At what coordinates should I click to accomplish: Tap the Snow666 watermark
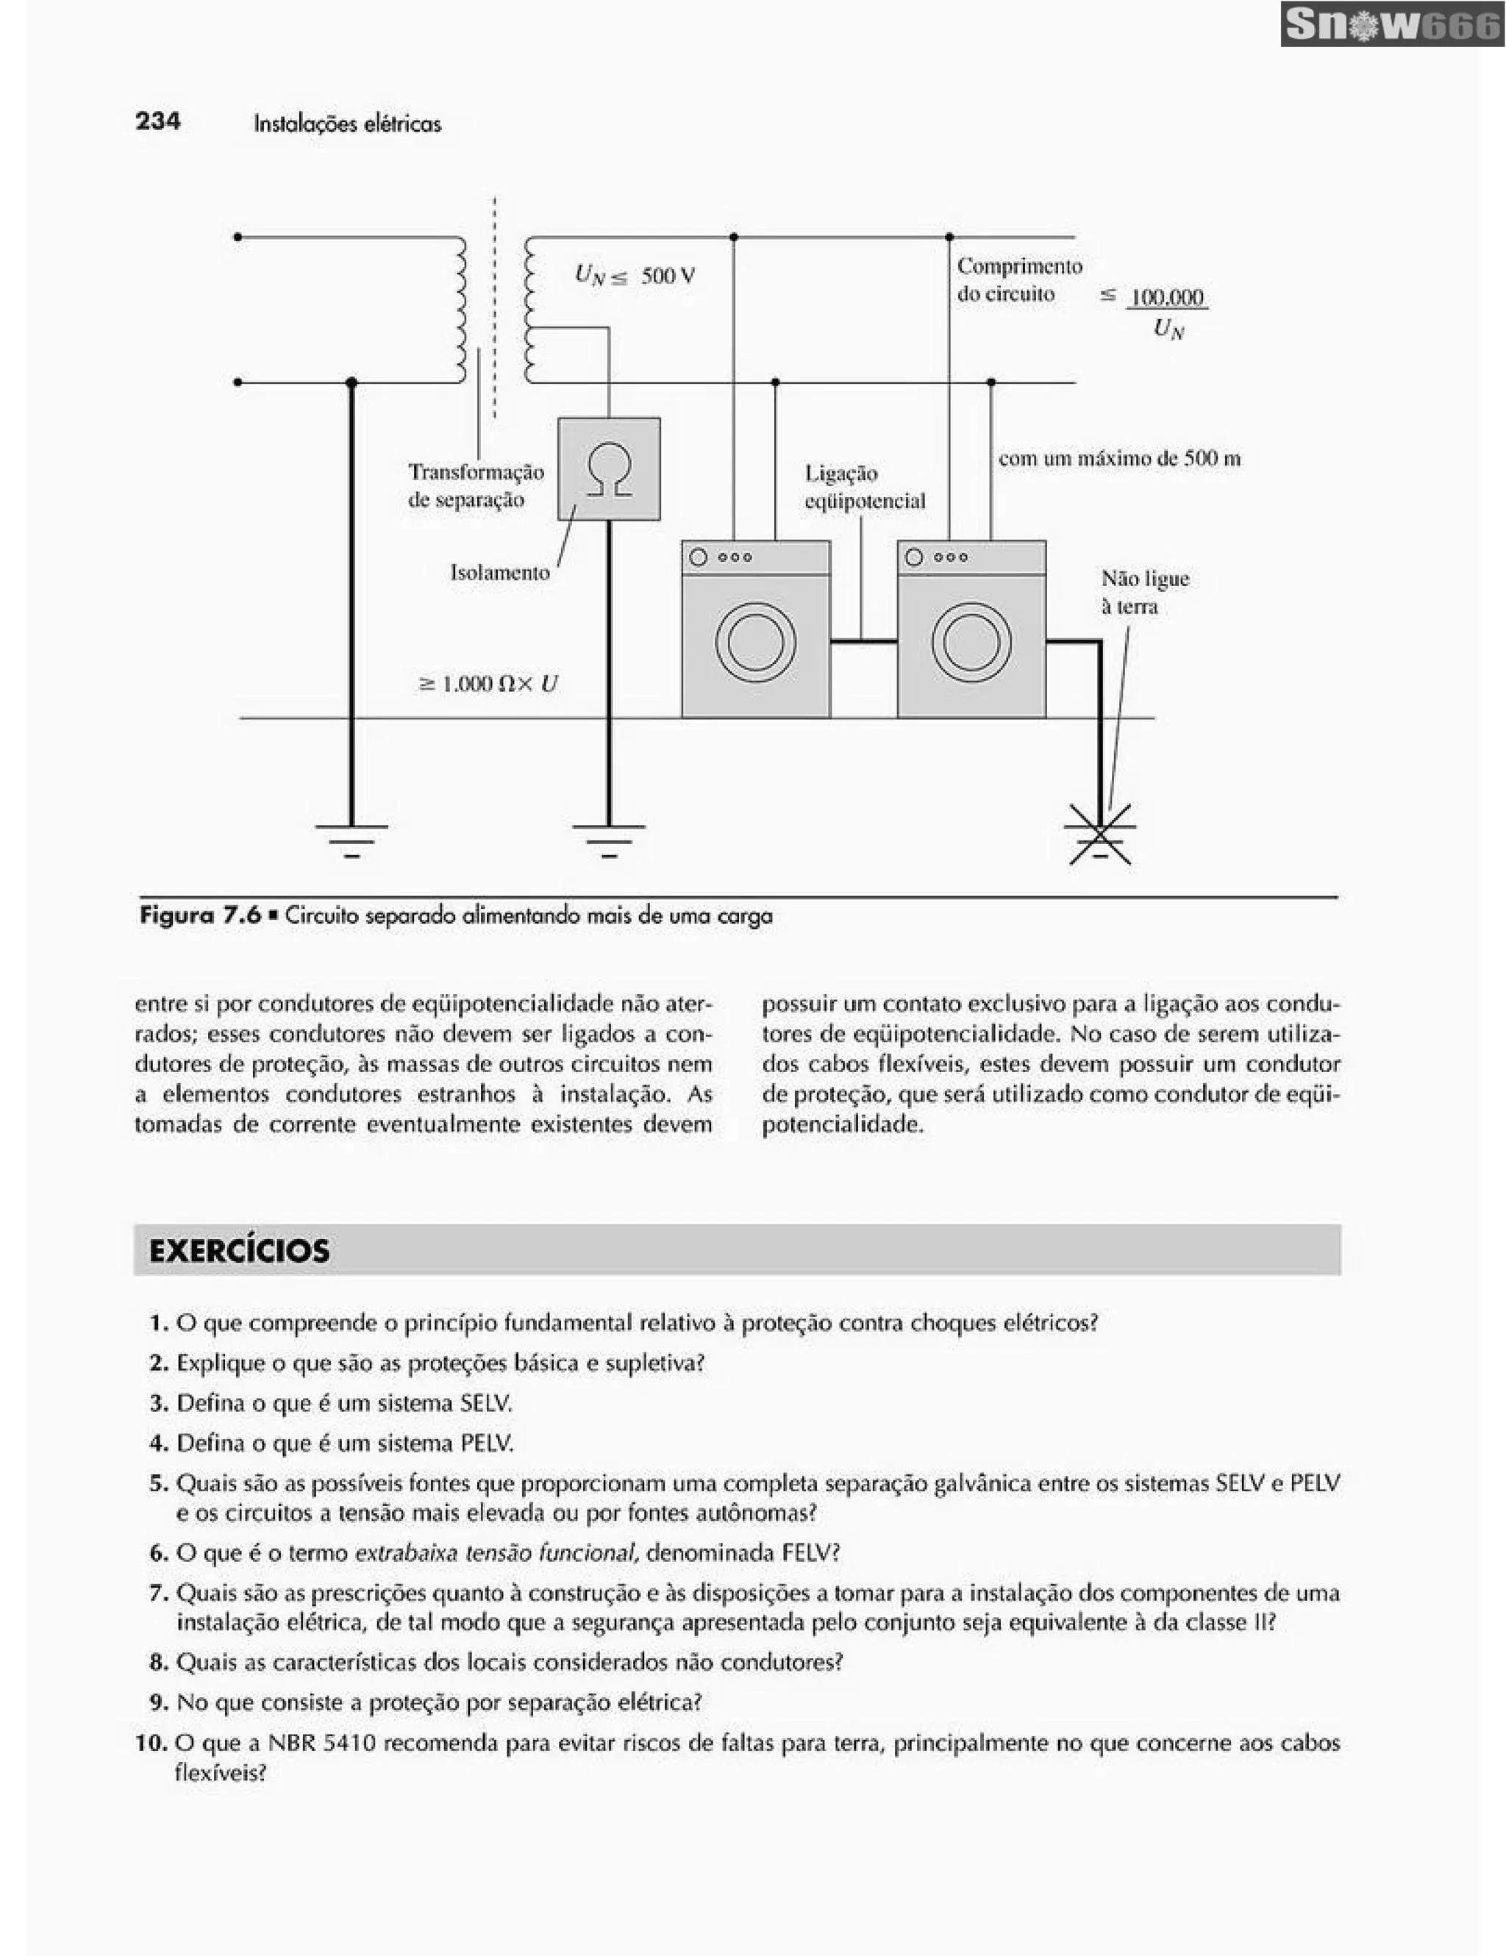point(1391,25)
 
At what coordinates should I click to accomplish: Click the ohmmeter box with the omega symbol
point(609,468)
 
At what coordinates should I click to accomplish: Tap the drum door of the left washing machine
point(756,641)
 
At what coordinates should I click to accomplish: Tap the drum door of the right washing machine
point(971,641)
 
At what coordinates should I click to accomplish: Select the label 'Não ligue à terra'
point(1144,592)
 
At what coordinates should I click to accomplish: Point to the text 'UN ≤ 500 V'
point(634,275)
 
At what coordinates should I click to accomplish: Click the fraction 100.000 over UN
point(1167,313)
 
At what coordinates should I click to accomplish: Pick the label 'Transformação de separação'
point(476,485)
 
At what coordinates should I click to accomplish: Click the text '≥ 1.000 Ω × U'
point(488,685)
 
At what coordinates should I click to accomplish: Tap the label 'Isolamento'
point(499,572)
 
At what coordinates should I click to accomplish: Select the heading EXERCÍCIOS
point(239,1250)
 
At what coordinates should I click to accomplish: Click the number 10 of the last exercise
point(151,1743)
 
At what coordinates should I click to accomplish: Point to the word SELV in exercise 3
point(485,1404)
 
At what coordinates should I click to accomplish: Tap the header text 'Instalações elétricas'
point(347,124)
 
